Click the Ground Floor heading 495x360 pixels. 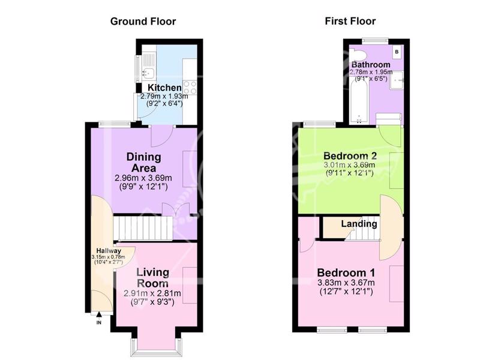[143, 22]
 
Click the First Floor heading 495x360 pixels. [350, 21]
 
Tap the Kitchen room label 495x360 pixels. [164, 88]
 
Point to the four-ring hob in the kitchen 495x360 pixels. [190, 88]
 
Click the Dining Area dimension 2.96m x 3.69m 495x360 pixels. [143, 178]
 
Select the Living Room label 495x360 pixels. [152, 277]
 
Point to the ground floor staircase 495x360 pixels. [143, 228]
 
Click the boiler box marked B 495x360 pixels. [397, 52]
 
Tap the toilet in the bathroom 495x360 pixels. [359, 55]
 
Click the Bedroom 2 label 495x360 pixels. [350, 155]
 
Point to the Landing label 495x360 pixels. [359, 224]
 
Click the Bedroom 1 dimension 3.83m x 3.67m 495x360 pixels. [346, 283]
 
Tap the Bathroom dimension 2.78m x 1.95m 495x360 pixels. [371, 73]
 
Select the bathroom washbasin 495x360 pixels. [397, 80]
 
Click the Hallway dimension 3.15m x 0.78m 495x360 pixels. [108, 257]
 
